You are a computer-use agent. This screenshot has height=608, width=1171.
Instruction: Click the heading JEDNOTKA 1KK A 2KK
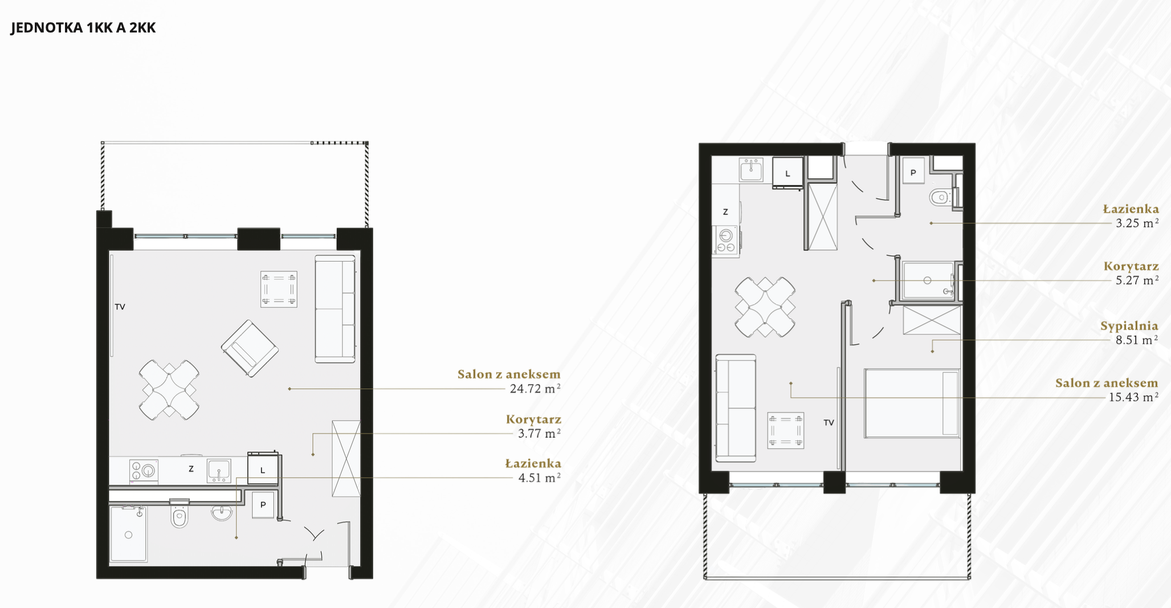pos(83,28)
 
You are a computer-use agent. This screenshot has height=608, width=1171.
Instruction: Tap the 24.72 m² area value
pos(535,389)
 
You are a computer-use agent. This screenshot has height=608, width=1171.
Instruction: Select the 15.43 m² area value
pos(1133,397)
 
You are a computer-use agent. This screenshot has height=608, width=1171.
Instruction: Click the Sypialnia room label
pos(1129,326)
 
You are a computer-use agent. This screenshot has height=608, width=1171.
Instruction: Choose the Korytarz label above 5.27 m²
pos(1131,266)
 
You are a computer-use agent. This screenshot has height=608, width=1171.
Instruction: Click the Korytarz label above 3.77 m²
pos(533,419)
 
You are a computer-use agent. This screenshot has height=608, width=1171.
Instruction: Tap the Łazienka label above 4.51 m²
pos(533,463)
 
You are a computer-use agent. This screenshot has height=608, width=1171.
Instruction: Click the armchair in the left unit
pos(250,348)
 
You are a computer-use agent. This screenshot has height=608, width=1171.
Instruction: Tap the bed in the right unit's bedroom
pos(912,403)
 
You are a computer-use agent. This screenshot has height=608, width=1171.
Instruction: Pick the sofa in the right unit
pos(736,408)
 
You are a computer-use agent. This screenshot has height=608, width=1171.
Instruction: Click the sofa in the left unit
pos(335,308)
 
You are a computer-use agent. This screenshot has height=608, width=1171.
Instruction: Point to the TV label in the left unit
pos(120,307)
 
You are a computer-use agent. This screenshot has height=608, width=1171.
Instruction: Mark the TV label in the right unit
pos(829,422)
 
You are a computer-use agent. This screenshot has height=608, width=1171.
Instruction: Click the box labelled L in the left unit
pos(263,470)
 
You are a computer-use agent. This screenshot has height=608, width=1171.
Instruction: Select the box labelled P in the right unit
pos(913,172)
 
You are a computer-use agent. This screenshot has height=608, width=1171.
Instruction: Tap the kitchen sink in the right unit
pos(751,170)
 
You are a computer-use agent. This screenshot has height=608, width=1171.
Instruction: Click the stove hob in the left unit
pos(144,471)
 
